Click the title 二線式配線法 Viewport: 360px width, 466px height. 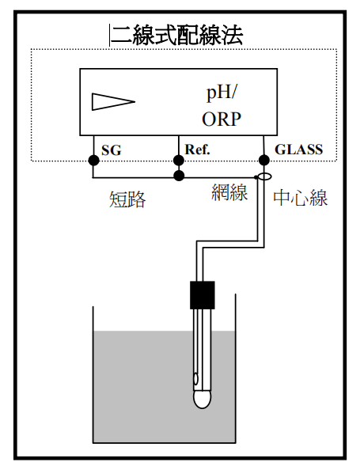[x=177, y=36]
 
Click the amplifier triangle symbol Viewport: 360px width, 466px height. [x=113, y=102]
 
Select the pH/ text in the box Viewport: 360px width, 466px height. [x=222, y=93]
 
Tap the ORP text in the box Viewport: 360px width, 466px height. [x=222, y=119]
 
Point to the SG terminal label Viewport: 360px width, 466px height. [x=112, y=150]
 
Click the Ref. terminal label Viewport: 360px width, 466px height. [x=197, y=150]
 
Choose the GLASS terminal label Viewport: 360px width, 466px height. [x=298, y=150]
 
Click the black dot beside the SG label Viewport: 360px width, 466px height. [x=93, y=161]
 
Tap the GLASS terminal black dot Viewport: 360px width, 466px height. [x=264, y=160]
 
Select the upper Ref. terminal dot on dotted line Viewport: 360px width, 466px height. [x=179, y=161]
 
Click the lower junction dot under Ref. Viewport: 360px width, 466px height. [x=179, y=176]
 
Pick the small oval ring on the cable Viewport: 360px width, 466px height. [x=264, y=177]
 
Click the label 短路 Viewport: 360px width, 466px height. [x=128, y=199]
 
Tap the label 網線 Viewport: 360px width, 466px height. [x=229, y=192]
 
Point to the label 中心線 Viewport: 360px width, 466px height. [x=300, y=198]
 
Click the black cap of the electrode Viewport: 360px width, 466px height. [x=202, y=295]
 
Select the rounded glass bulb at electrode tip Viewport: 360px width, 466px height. [x=202, y=400]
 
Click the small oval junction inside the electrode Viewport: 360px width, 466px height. [x=195, y=379]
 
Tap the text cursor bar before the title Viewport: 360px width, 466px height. [x=109, y=36]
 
